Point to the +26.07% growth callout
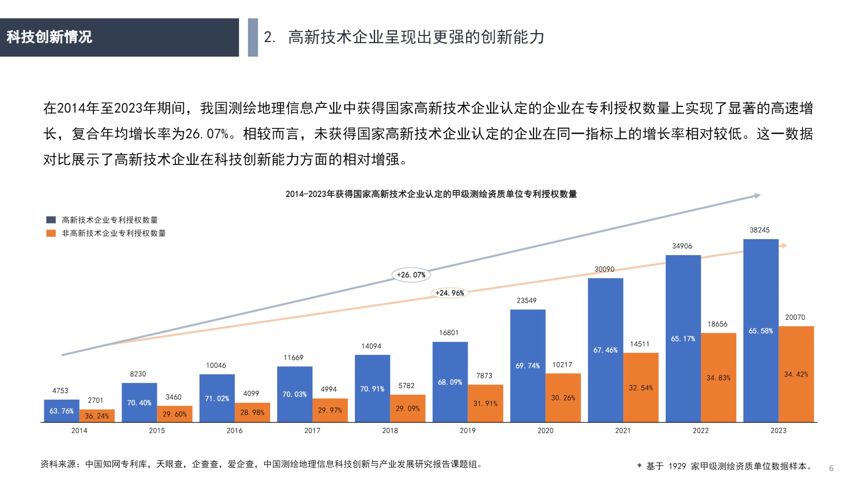click(x=411, y=275)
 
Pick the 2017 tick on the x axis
click(x=312, y=431)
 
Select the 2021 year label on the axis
click(x=623, y=431)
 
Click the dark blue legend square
click(x=51, y=220)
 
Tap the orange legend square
click(x=51, y=233)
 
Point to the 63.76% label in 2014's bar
click(x=61, y=411)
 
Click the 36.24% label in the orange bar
click(x=97, y=416)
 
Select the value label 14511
click(x=640, y=344)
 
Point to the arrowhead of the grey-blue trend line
click(x=757, y=195)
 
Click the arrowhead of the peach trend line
click(x=784, y=246)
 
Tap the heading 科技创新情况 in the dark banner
click(x=49, y=37)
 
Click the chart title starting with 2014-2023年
click(x=431, y=194)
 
